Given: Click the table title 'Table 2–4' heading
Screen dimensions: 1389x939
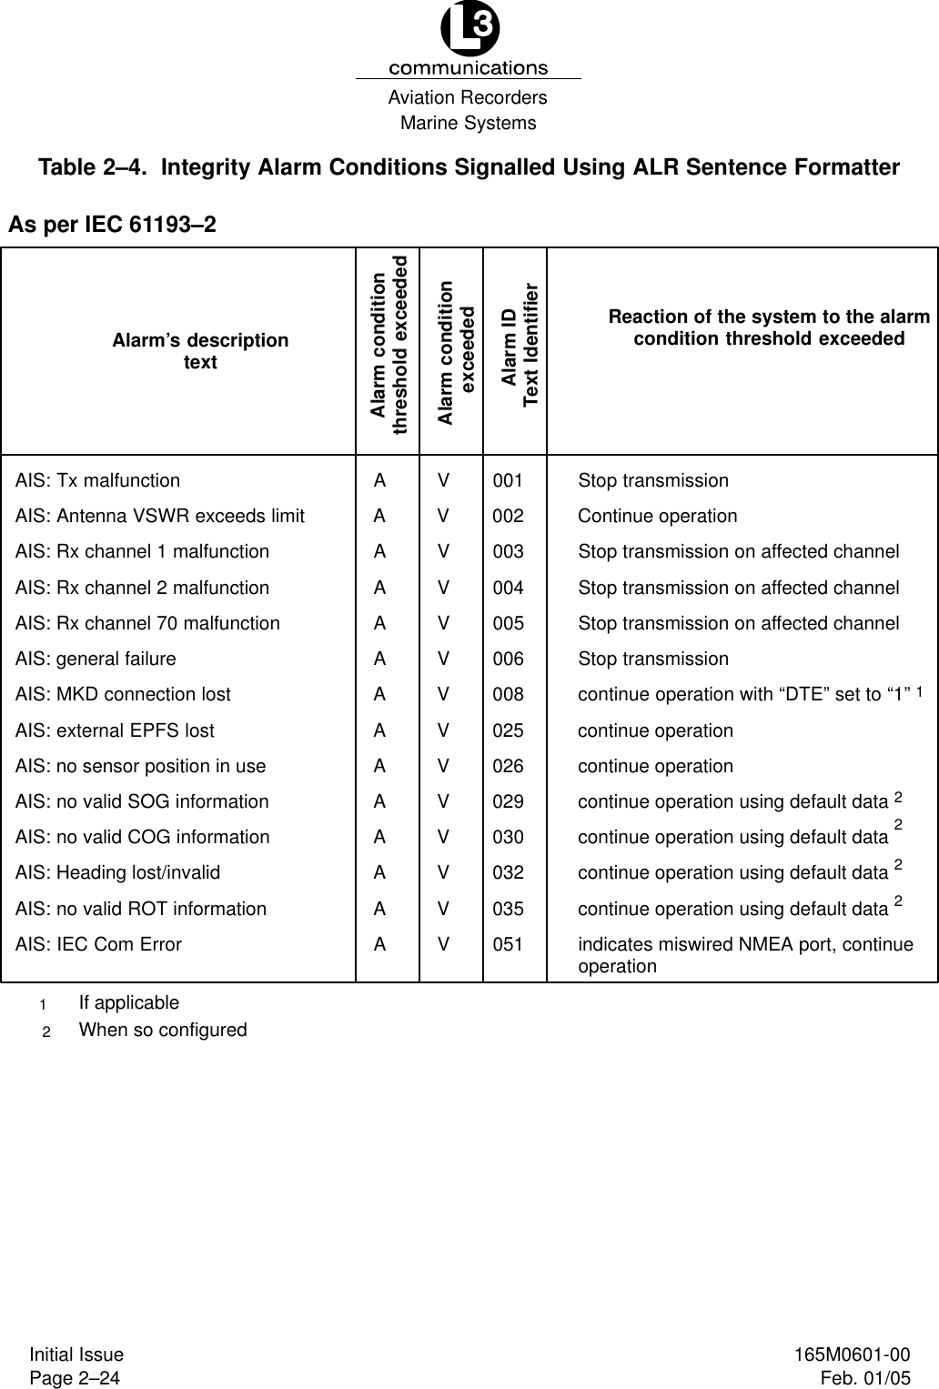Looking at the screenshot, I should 469,167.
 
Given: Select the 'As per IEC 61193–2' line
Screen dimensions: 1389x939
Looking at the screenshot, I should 113,224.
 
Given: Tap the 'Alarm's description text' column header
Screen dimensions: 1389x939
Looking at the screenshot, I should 200,351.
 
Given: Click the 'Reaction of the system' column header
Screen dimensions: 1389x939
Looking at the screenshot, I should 769,327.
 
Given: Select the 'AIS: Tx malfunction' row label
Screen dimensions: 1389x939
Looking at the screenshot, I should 98,480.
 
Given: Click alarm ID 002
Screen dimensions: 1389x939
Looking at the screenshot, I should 509,516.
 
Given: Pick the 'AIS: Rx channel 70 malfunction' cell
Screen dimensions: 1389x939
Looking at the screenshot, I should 148,623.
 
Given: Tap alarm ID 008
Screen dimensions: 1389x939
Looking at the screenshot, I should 509,694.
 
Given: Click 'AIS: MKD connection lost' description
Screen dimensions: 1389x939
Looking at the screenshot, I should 124,694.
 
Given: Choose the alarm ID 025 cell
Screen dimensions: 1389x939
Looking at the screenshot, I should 509,730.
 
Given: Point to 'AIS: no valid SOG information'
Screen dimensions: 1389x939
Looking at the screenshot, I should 143,801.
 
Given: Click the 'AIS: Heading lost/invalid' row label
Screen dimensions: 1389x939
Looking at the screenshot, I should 118,872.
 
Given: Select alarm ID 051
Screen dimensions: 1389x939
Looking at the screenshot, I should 509,944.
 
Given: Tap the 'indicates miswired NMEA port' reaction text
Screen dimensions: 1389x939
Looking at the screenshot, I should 745,954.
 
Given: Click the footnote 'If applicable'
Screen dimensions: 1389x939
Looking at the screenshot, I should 129,1002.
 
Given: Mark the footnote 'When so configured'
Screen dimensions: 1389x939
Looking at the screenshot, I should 163,1030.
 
